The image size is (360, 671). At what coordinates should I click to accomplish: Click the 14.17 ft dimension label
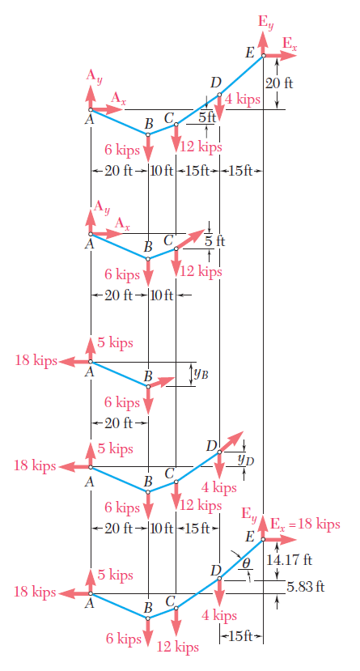(x=289, y=559)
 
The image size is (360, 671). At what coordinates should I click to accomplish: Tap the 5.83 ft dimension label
(x=305, y=586)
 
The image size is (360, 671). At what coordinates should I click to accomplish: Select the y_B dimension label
(x=201, y=374)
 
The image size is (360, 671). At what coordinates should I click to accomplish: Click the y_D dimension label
(x=246, y=460)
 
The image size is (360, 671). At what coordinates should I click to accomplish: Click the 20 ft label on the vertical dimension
(x=279, y=83)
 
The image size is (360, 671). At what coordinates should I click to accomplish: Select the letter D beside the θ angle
(x=215, y=570)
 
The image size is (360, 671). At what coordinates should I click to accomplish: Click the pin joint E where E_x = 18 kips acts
(x=264, y=539)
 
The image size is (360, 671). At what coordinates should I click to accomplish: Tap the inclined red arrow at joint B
(x=162, y=382)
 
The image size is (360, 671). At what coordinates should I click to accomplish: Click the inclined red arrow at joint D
(x=231, y=442)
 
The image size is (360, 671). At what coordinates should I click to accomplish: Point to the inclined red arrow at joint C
(x=191, y=239)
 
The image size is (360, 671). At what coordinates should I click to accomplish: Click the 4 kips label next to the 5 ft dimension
(x=243, y=100)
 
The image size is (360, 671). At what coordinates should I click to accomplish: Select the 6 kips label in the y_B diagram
(x=122, y=402)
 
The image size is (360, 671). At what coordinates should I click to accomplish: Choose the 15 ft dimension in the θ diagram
(x=241, y=636)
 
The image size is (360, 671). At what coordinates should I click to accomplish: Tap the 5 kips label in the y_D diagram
(x=116, y=449)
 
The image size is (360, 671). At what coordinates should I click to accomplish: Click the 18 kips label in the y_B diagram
(x=36, y=360)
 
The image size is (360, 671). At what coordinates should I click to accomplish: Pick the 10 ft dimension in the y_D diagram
(x=162, y=529)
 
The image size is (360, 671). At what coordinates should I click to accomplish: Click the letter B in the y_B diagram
(x=148, y=376)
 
